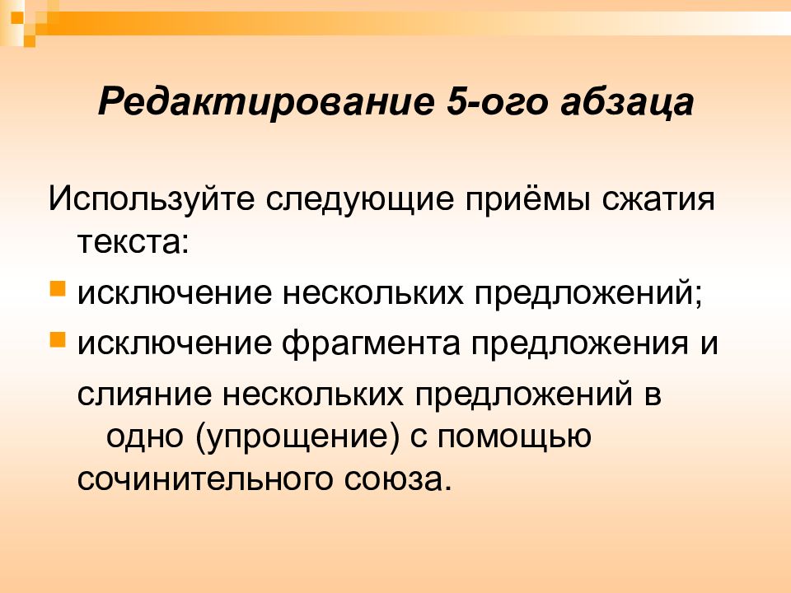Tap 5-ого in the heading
point(496,102)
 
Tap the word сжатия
point(658,198)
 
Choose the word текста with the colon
point(133,244)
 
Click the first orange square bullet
point(58,289)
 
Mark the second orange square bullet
point(58,339)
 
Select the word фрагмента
point(371,344)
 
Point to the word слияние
point(144,394)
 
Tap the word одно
point(144,437)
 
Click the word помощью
point(514,437)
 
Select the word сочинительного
point(205,479)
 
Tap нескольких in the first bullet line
point(372,293)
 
